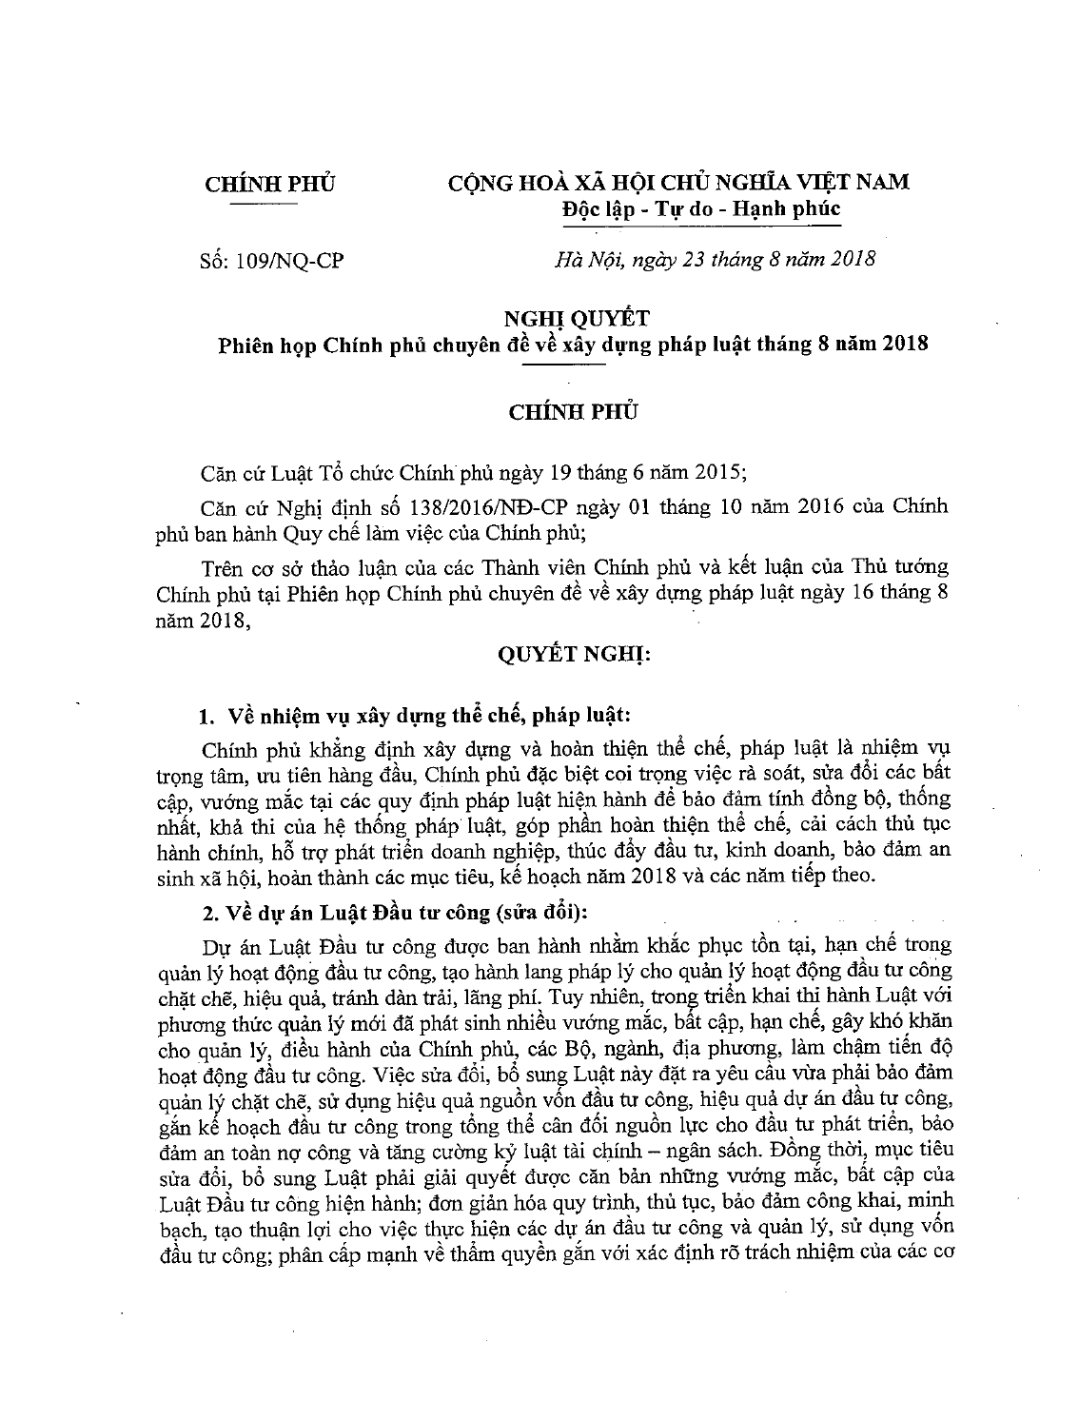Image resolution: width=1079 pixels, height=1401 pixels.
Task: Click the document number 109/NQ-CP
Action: [x=285, y=261]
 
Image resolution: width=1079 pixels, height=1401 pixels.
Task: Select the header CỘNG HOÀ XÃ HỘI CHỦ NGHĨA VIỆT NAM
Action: [x=678, y=182]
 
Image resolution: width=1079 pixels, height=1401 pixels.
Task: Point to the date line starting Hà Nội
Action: [x=715, y=259]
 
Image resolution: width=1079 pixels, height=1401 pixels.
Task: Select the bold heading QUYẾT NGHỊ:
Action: [x=573, y=657]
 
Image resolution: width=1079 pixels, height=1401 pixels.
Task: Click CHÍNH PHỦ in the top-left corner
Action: [x=270, y=184]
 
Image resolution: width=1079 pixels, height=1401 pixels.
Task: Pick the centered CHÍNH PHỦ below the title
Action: [x=573, y=412]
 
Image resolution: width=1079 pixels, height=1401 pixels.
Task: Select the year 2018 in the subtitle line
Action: [x=904, y=344]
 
